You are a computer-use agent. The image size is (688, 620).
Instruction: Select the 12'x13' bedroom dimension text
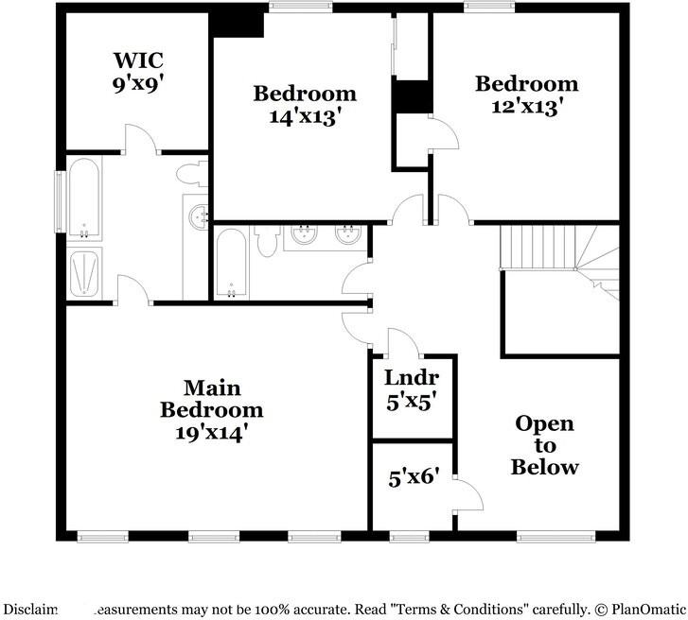(x=525, y=106)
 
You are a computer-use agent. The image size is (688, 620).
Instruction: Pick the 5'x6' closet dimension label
(x=410, y=478)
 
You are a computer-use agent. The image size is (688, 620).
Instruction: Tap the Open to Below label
(x=544, y=445)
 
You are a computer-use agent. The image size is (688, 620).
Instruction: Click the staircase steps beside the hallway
(x=537, y=249)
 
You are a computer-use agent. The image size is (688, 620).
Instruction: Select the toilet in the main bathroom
(x=192, y=172)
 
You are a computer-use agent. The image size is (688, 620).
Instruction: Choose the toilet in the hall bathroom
(x=264, y=239)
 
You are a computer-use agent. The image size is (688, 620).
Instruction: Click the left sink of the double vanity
(x=305, y=235)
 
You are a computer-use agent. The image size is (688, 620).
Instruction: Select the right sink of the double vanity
(x=348, y=235)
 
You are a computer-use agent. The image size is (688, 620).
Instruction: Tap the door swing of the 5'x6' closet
(x=467, y=493)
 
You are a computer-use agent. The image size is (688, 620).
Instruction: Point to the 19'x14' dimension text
(x=211, y=433)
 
